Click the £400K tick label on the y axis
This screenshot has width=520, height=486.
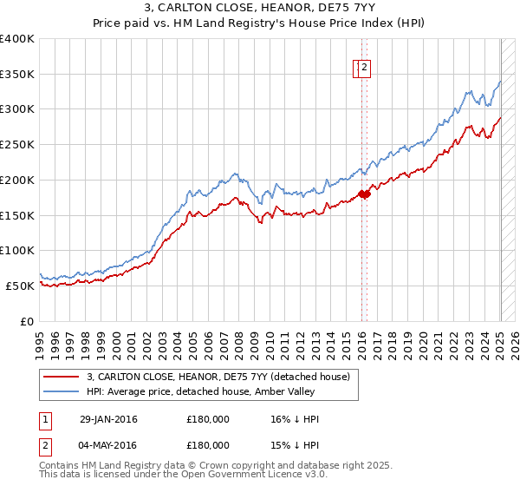(17, 39)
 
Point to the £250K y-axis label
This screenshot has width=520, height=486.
(17, 145)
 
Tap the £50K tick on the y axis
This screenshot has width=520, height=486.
(21, 286)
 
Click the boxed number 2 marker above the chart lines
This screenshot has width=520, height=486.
(365, 69)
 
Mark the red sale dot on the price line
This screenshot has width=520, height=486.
(365, 194)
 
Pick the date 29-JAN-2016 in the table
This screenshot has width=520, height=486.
(108, 419)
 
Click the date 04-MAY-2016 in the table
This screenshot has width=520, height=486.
(108, 444)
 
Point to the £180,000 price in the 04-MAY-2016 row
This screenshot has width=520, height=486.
(208, 444)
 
